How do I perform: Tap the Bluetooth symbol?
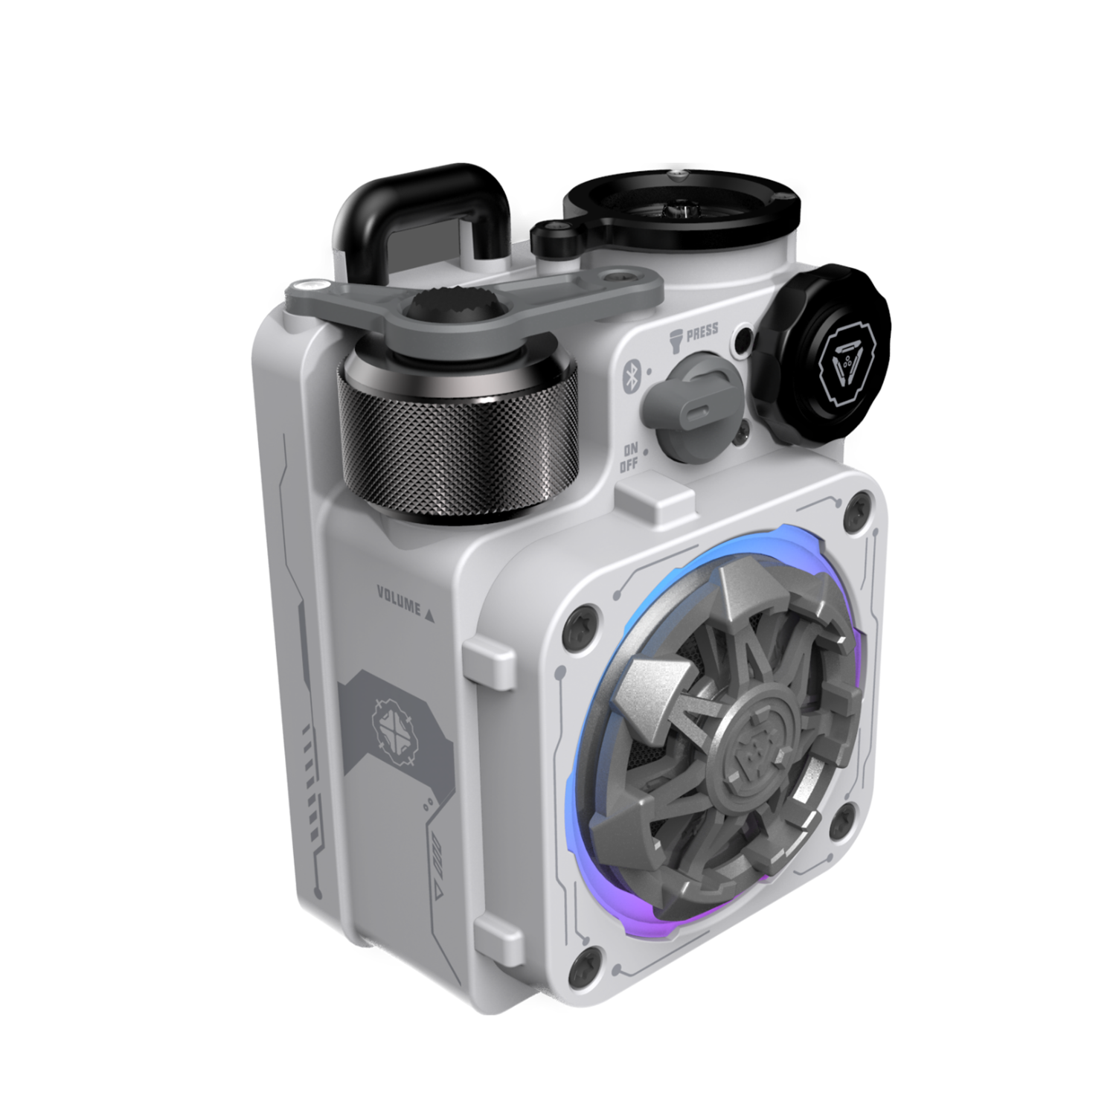click(630, 373)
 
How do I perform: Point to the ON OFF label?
click(630, 458)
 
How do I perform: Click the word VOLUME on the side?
click(399, 600)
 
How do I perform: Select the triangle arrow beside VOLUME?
click(429, 615)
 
